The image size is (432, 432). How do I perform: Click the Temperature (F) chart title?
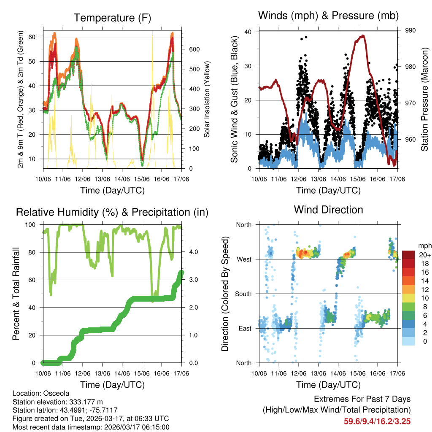pos(112,18)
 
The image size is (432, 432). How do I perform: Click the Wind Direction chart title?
pos(328,209)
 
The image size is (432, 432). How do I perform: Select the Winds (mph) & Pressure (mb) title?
pos(328,16)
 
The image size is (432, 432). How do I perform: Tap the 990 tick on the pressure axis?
pos(410,30)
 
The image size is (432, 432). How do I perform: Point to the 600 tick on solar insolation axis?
pos(194,49)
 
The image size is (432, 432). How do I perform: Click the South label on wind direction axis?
pos(243,294)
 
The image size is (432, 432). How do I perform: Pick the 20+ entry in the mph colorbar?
pos(424,255)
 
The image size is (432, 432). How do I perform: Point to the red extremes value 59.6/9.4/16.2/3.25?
pos(377,421)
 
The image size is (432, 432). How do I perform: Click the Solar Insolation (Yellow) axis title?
pos(207,99)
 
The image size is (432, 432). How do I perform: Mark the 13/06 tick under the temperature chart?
pos(103,179)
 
